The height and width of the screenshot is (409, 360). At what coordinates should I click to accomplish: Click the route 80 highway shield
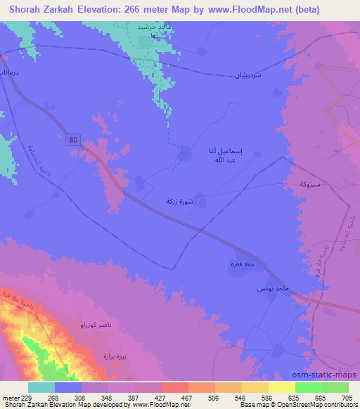point(75,141)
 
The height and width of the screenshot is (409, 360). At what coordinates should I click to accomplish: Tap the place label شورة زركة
point(177,201)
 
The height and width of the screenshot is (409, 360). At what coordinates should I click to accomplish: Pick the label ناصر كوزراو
point(89,327)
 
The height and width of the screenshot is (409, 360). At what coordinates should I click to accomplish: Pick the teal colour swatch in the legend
point(41,387)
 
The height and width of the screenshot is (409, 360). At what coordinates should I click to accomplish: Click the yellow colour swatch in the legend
point(281,387)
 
